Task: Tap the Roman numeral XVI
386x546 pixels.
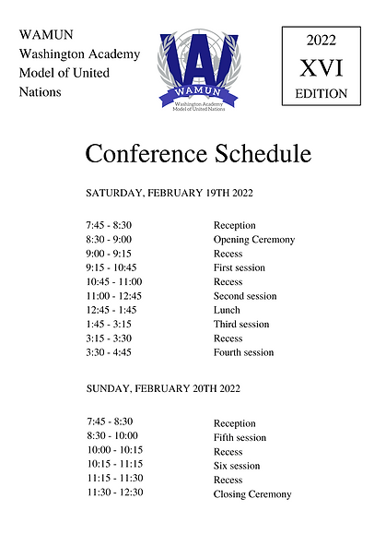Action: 322,67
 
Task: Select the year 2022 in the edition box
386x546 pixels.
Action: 322,40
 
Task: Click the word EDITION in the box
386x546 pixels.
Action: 322,93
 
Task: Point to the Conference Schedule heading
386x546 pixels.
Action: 198,153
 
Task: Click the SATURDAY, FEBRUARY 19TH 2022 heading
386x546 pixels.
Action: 170,194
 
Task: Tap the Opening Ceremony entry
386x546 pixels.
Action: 254,240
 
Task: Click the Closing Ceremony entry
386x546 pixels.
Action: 252,493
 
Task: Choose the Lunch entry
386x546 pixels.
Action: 227,310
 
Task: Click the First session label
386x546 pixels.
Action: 239,267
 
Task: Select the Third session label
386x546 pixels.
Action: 241,324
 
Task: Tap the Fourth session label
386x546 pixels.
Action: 243,352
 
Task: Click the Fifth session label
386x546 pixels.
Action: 240,437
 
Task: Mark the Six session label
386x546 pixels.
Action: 237,466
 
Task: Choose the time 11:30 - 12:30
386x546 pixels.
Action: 115,493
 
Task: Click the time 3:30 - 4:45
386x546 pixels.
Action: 109,352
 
